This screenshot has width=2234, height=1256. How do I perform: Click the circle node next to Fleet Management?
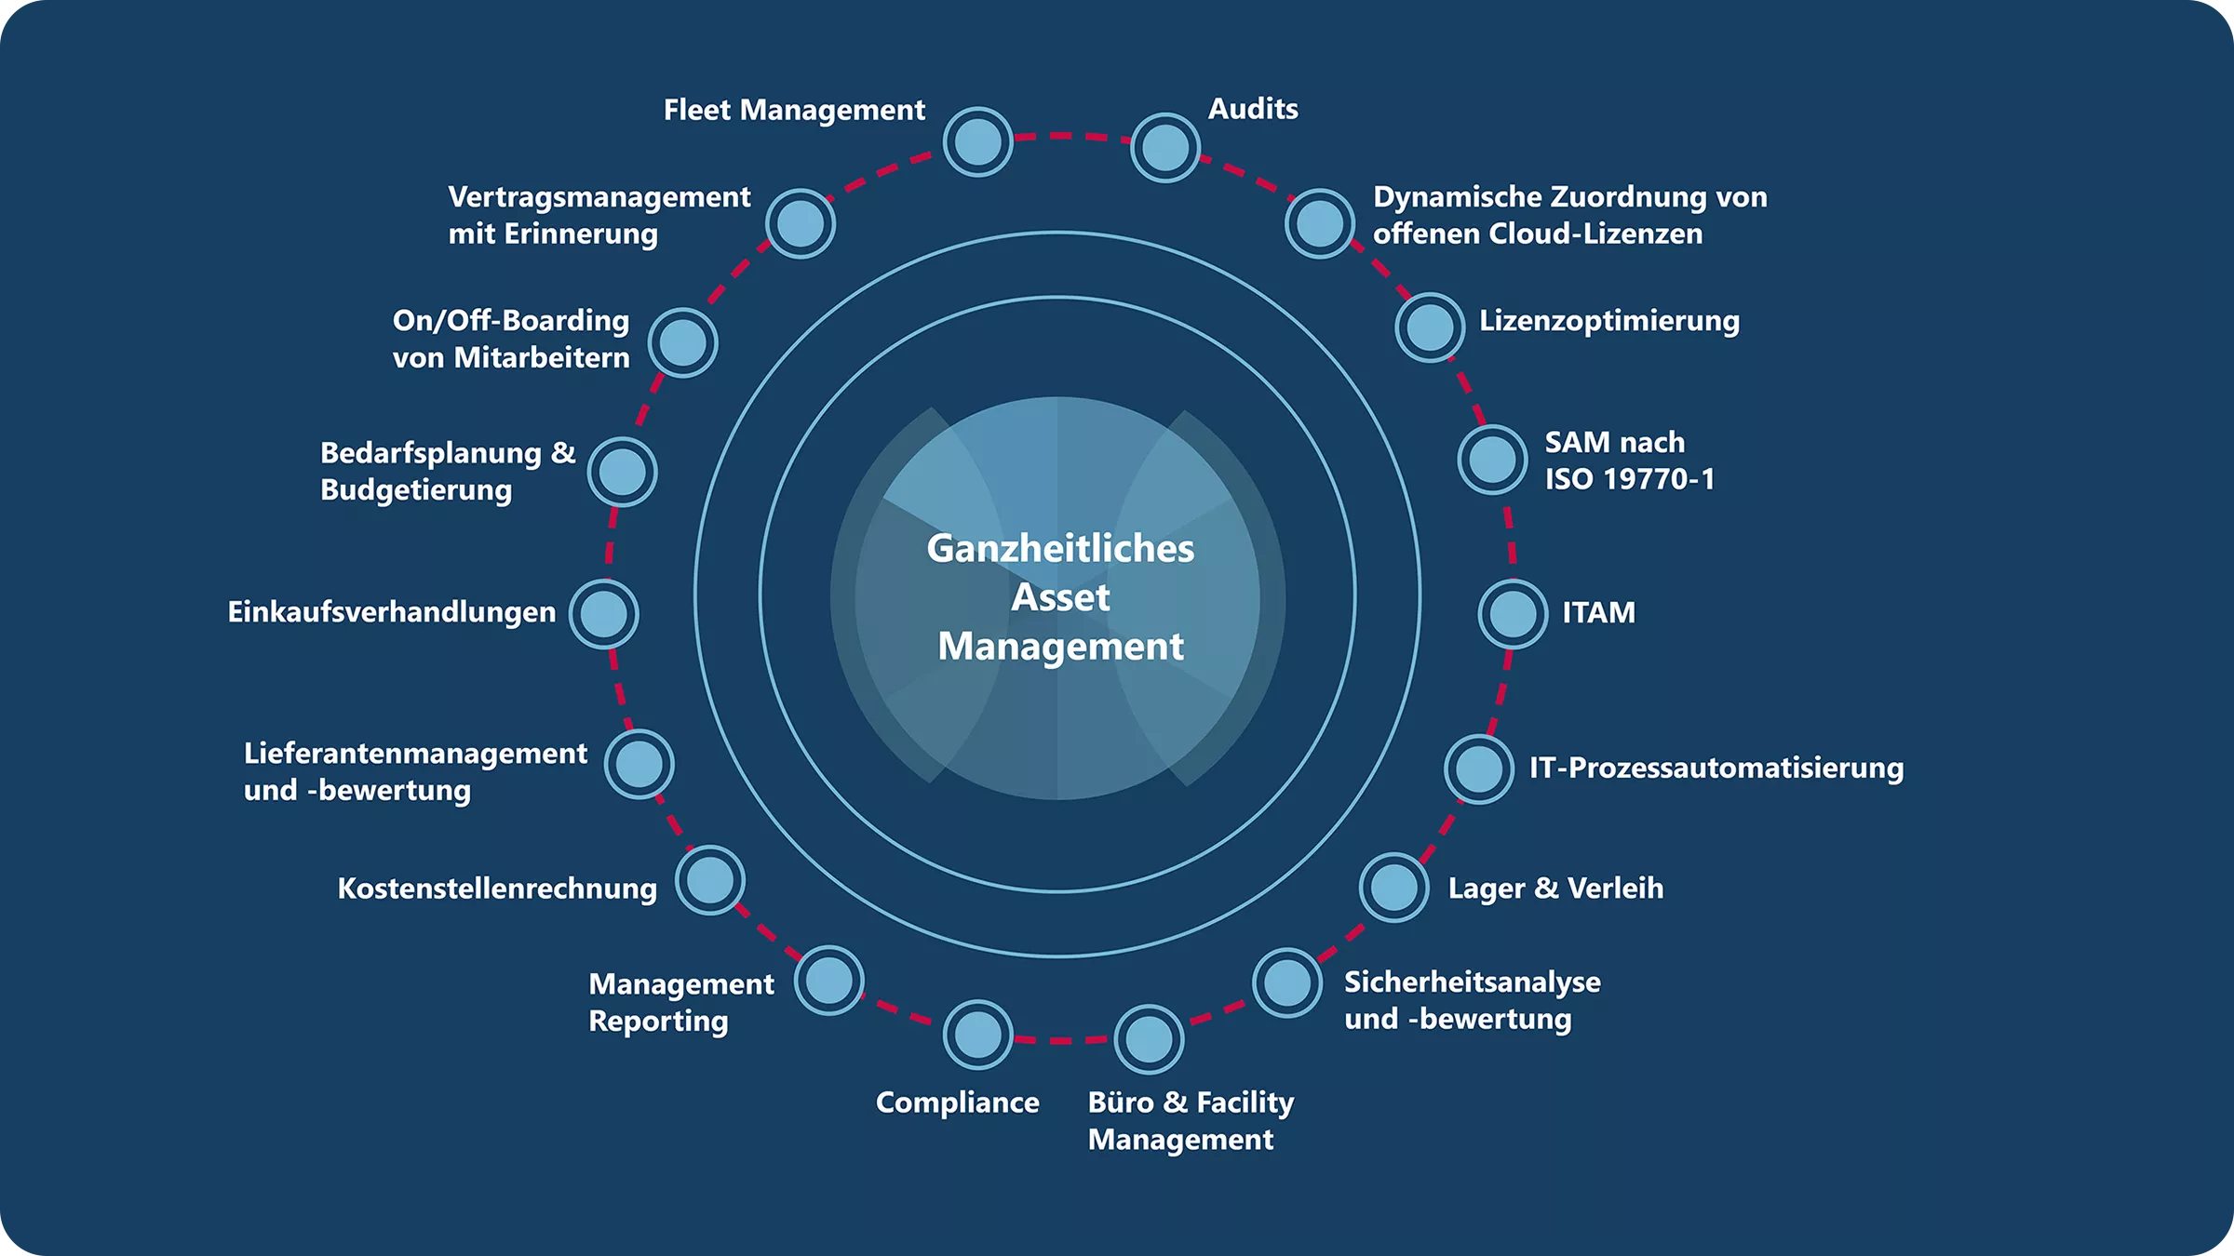pos(977,142)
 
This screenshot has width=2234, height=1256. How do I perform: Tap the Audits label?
pos(1252,109)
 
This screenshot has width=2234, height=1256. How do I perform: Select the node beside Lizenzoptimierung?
pos(1430,327)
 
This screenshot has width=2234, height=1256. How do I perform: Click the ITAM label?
pos(1598,612)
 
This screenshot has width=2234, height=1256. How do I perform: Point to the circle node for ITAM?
pos(1513,614)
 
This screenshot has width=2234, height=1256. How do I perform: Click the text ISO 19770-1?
pos(1629,479)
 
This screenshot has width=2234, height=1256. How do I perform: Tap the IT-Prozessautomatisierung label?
pos(1716,768)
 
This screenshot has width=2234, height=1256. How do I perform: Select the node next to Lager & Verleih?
pos(1393,888)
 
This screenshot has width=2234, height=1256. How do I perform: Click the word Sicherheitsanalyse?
pos(1472,982)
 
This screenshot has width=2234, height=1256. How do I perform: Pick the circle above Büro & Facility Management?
pos(1149,1039)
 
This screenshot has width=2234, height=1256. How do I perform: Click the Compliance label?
pos(957,1102)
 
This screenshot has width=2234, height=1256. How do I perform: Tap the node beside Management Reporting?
pos(828,981)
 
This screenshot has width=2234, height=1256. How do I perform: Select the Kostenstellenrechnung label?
pos(496,889)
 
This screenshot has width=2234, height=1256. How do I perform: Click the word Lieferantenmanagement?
pos(415,754)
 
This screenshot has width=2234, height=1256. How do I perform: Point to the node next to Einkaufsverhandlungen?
pos(603,614)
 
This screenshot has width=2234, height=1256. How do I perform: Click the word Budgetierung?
pos(415,490)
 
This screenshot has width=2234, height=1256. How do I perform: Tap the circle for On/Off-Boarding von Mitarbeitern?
pos(682,342)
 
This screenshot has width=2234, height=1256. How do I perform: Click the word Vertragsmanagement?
pos(599,197)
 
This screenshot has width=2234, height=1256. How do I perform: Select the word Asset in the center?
pos(1060,597)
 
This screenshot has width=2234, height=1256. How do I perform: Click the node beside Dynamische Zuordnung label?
pos(1319,223)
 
